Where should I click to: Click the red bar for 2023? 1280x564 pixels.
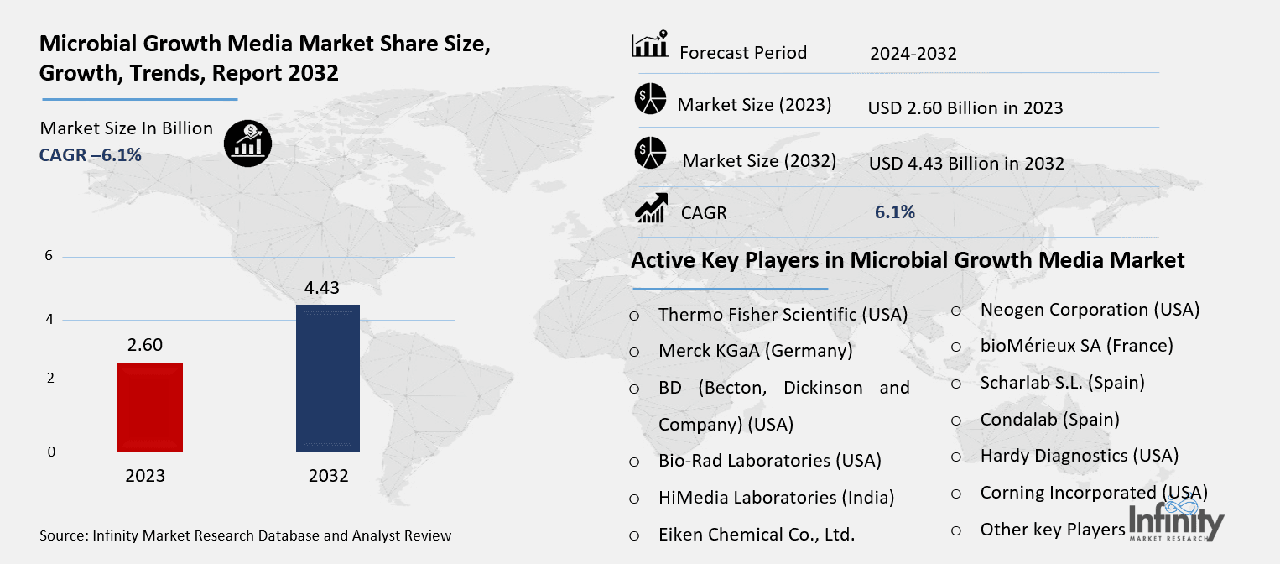coord(148,407)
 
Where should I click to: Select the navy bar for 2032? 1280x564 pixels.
coord(328,378)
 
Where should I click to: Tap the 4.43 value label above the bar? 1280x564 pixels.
coord(321,288)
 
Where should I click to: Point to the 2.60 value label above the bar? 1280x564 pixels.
coord(145,345)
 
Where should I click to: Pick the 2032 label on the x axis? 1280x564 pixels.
coord(328,476)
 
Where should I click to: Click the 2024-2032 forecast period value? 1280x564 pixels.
coord(913,54)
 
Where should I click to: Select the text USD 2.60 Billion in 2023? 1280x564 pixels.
coord(965,108)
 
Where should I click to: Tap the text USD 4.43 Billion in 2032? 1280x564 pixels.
coord(965,164)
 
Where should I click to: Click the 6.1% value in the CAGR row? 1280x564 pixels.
coord(894,212)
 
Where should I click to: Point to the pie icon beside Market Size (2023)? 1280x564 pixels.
coord(650,99)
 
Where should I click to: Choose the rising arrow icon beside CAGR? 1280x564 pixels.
coord(651,209)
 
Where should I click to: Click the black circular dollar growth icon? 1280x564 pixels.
coord(247,142)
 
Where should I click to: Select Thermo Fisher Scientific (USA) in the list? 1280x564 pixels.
coord(783,315)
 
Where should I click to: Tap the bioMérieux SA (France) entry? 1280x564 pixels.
coord(1076,346)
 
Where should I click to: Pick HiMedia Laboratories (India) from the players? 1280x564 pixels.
coord(776,498)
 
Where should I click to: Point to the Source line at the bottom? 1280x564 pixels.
coord(245,535)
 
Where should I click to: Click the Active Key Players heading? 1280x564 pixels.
coord(908,260)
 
